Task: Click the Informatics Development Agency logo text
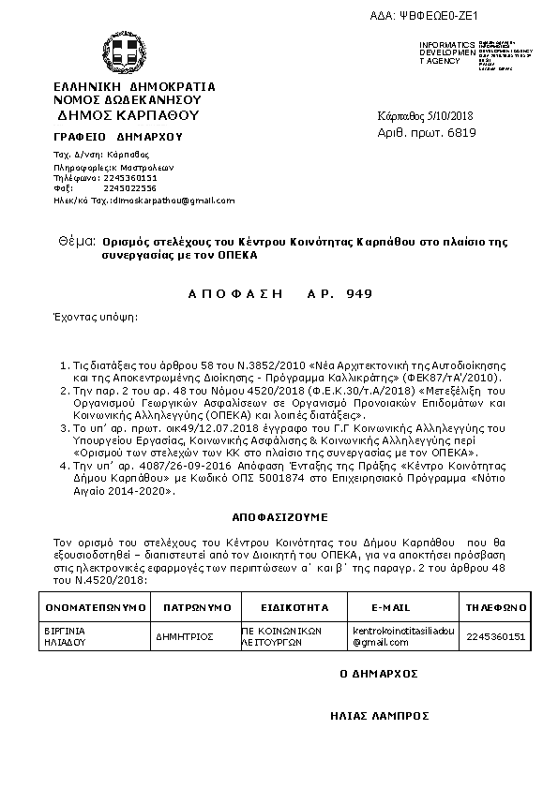(x=441, y=52)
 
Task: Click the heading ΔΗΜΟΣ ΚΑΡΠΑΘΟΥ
(x=128, y=116)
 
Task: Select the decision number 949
(x=359, y=293)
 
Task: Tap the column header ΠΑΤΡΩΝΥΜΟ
(x=197, y=607)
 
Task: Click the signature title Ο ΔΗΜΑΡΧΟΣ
(x=378, y=673)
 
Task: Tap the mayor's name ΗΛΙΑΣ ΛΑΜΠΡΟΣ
(x=380, y=714)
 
